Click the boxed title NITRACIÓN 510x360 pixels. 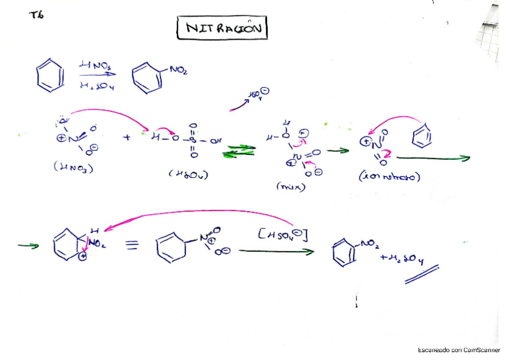[x=222, y=28]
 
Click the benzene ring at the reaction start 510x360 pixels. [x=49, y=76]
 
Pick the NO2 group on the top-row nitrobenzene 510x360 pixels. [x=179, y=70]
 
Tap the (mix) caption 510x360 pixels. [x=290, y=186]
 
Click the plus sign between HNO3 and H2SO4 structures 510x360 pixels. [x=127, y=137]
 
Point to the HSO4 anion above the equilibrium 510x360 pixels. [x=258, y=94]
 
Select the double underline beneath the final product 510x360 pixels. [x=422, y=275]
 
